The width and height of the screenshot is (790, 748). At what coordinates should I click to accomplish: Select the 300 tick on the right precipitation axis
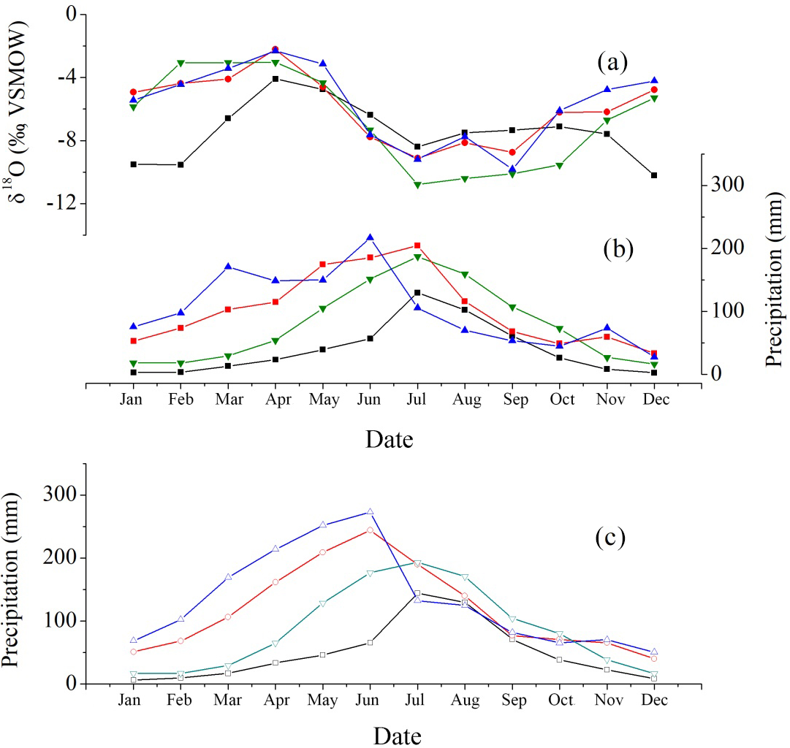[719, 185]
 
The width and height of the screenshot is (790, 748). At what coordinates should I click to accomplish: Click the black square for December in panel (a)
[654, 175]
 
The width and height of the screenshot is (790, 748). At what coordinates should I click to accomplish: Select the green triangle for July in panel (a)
[417, 185]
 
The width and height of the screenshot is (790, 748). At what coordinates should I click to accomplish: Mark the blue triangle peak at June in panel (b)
[370, 237]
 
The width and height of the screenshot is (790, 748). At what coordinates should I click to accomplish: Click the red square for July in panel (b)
[417, 245]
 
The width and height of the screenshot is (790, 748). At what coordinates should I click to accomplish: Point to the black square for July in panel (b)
[417, 292]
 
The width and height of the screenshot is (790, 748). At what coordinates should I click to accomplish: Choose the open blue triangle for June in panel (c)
[370, 511]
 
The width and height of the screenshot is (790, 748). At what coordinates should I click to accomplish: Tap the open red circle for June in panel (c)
[370, 530]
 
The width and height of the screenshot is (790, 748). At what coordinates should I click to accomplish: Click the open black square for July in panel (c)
[417, 593]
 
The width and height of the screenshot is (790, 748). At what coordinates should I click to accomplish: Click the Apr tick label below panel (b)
[275, 400]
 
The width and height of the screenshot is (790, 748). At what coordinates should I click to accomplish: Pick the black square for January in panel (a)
[133, 164]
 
